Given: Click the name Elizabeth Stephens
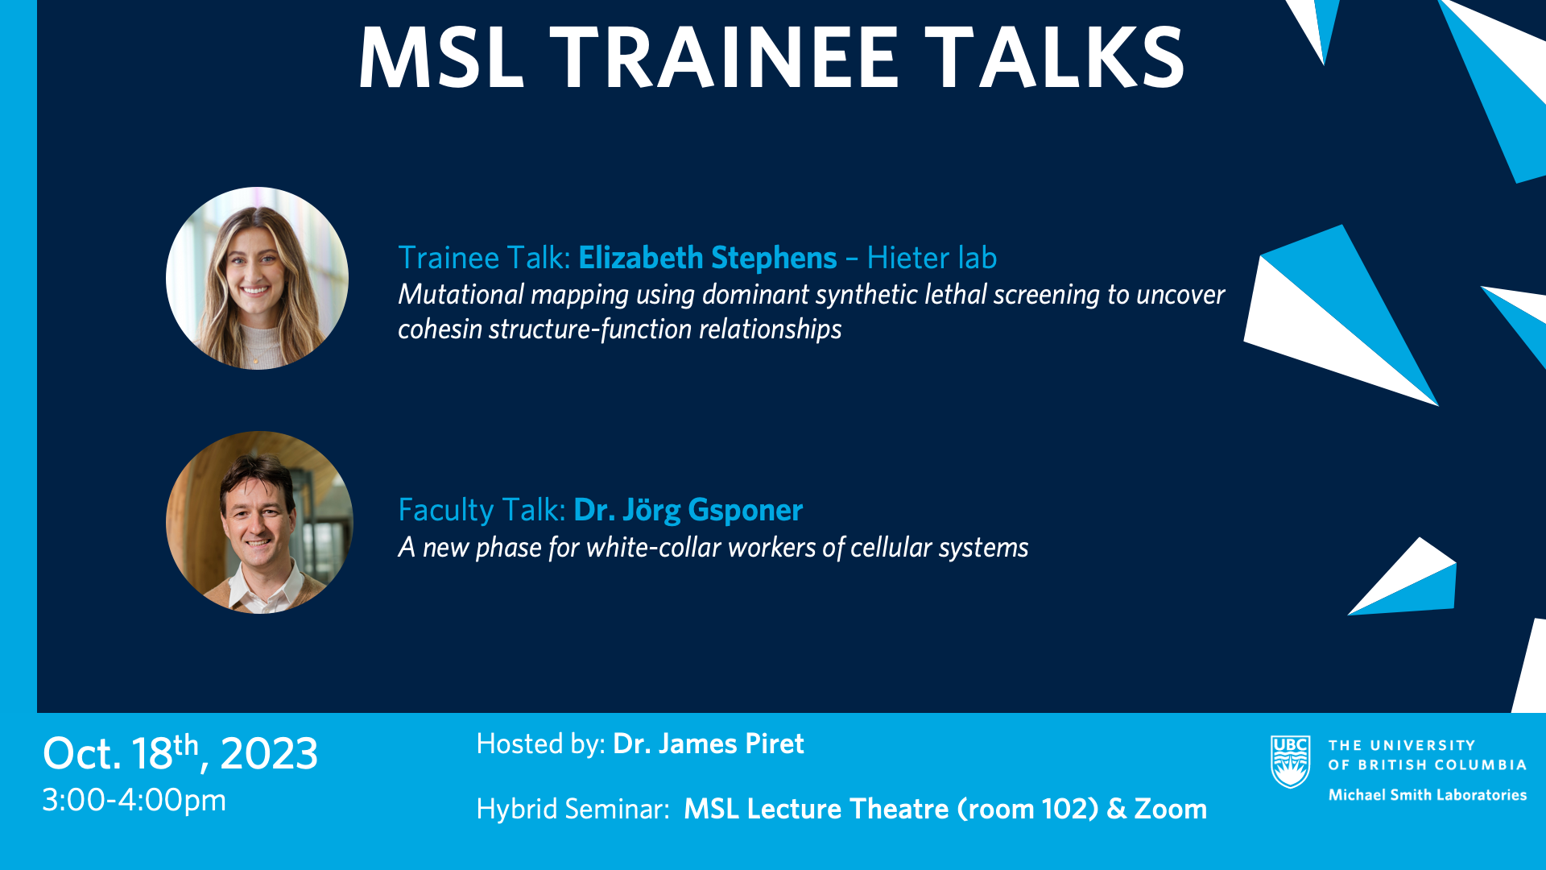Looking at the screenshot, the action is [708, 258].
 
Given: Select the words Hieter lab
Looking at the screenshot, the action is [932, 258].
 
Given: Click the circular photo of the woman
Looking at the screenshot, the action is [257, 279].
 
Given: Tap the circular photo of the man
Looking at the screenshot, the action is [259, 522].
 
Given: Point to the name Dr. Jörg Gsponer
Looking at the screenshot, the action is [688, 510].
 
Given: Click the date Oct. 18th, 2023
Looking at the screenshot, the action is [180, 753].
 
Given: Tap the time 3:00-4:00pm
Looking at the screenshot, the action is [134, 801].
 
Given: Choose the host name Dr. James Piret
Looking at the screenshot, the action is [709, 744].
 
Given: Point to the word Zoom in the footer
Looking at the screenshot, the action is [1171, 809].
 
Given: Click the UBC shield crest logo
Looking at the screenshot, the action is [1291, 761].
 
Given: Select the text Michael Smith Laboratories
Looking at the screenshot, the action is [1428, 795].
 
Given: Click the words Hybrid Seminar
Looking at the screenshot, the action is [573, 809].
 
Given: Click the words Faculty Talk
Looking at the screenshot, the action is [482, 510].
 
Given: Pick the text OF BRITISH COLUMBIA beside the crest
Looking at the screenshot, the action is [1428, 764].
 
